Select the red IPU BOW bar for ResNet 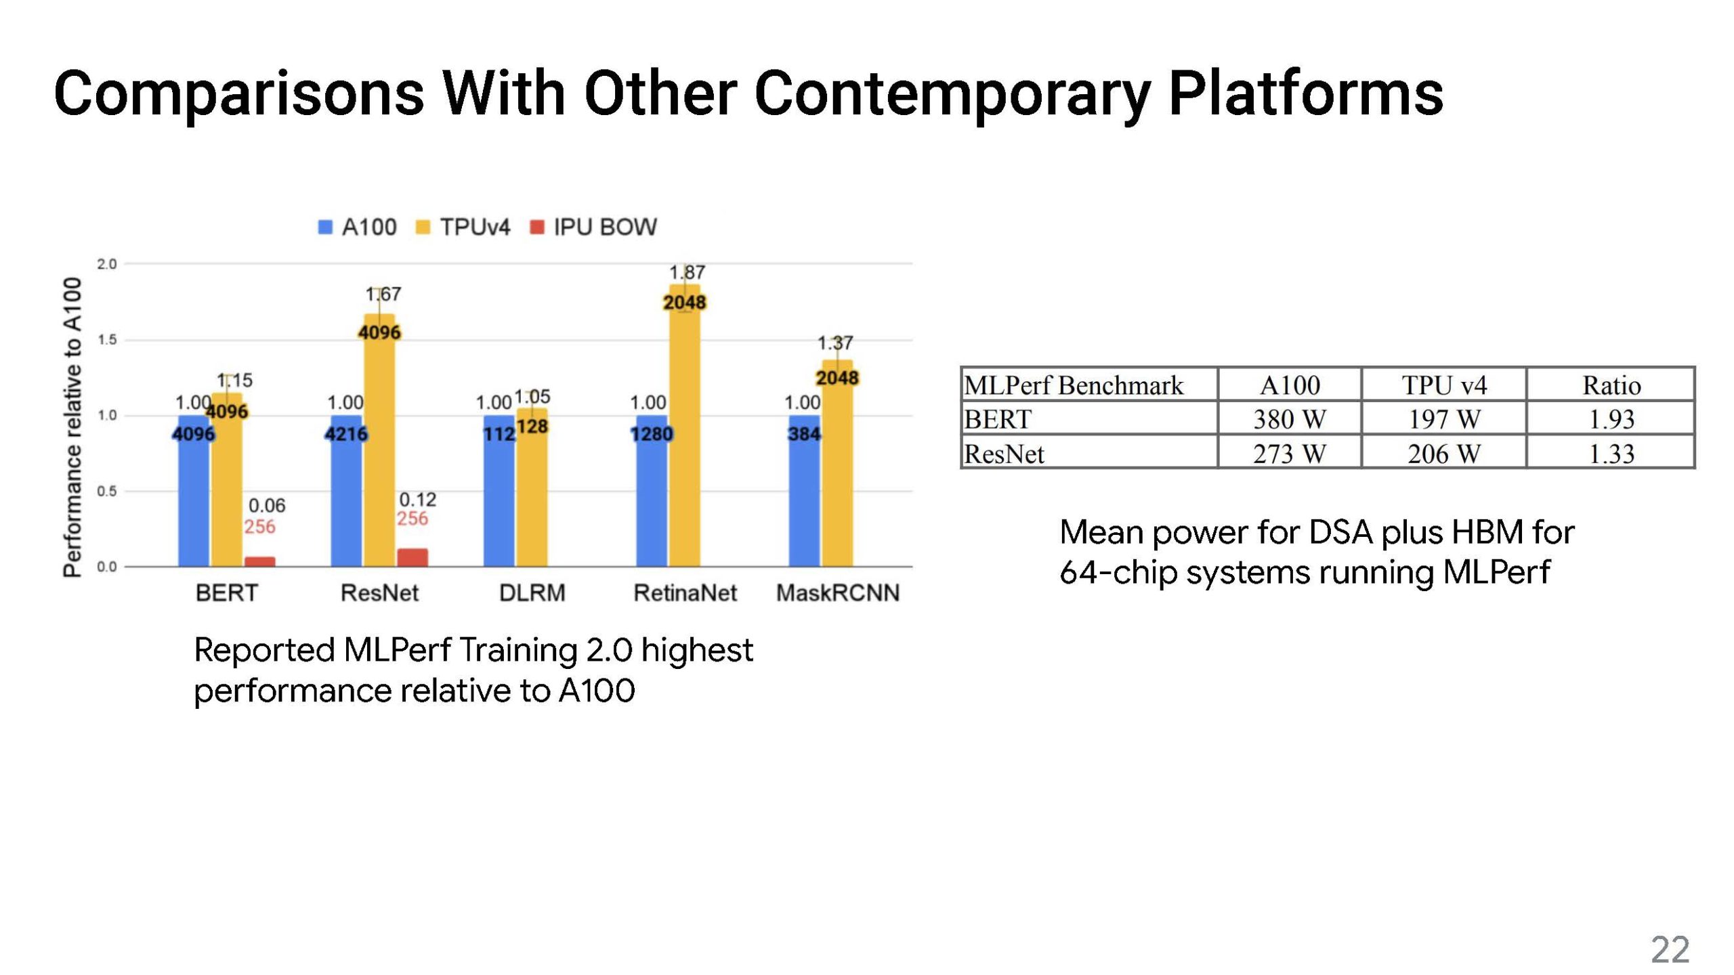pos(412,557)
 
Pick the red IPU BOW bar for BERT pos(259,561)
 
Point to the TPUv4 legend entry pos(463,227)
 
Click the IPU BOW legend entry pos(593,227)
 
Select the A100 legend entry pos(358,227)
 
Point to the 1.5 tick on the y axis pos(107,340)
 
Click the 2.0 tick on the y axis pos(107,264)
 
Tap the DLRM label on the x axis pos(532,593)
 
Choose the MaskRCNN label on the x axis pos(837,593)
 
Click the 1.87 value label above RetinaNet pos(687,272)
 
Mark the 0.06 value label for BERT pos(267,505)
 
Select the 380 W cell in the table pos(1289,419)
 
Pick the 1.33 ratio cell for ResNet pos(1611,454)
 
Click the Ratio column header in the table pos(1611,385)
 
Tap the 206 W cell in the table pos(1443,454)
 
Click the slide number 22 pos(1670,949)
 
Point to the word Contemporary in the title pos(952,93)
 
